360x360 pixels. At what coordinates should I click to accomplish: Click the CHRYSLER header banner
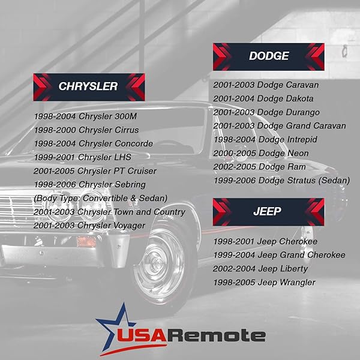point(88,86)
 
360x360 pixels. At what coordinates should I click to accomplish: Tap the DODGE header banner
point(268,56)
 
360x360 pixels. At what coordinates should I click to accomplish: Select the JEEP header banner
point(268,212)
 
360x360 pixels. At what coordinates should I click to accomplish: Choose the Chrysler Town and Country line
point(109,212)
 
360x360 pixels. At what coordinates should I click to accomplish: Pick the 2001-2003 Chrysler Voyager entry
point(89,226)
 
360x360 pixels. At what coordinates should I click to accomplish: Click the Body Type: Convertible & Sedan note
point(100,198)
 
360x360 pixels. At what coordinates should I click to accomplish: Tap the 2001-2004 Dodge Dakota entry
point(263,98)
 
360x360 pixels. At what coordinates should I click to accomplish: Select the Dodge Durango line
point(266,112)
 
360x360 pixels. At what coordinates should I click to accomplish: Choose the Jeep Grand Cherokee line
point(279,255)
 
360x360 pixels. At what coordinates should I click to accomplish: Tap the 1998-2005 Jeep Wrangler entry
point(264,282)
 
